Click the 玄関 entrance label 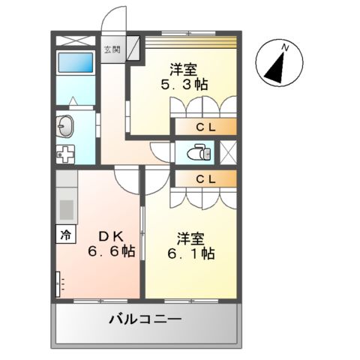tap(111, 51)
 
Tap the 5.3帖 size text tap(183, 85)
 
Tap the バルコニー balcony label tap(145, 319)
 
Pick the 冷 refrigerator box tap(65, 233)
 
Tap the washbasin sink tap(66, 127)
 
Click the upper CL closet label tap(205, 127)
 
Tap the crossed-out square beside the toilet tap(228, 153)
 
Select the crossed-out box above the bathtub tap(75, 41)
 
